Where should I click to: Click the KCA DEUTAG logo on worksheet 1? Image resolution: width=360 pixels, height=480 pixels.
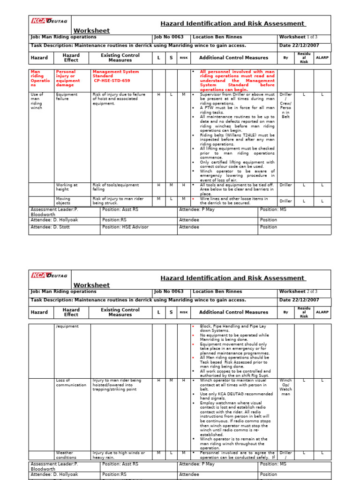coord(49,21)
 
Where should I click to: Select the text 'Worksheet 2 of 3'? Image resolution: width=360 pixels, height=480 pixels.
coord(298,292)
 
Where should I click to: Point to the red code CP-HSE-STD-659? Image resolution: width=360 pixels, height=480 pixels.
coord(112,81)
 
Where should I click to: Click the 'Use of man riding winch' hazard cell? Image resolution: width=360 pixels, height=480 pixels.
coord(37,101)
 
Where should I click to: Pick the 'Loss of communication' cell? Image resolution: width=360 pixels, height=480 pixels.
coord(71,382)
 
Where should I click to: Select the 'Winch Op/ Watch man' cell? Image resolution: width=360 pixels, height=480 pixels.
coord(285,388)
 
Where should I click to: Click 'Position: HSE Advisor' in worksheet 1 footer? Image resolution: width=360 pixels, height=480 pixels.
coord(125,227)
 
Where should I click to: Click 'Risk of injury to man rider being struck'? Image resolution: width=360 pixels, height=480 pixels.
coord(118,201)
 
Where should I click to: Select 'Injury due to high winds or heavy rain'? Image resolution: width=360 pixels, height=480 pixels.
coord(119,455)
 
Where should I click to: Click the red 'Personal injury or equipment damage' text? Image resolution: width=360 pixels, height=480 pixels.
coord(68,78)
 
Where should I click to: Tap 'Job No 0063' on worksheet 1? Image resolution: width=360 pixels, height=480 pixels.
coord(169,37)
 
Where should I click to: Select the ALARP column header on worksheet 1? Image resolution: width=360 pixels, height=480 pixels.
coord(322,58)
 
